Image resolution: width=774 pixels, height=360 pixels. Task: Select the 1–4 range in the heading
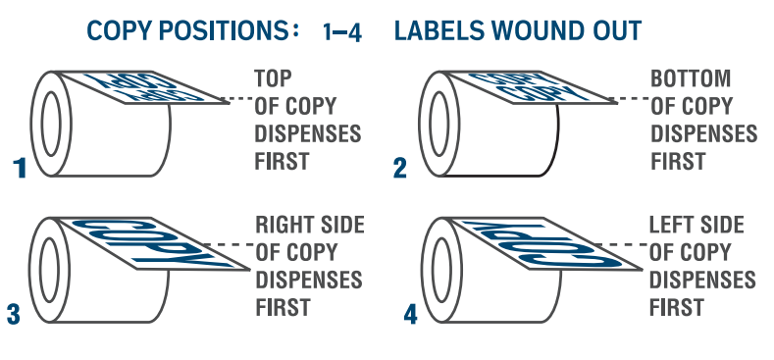342,32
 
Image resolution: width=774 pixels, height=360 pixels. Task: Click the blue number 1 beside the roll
20,168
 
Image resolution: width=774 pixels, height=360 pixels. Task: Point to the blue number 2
400,169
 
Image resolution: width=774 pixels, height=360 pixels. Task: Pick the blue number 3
14,315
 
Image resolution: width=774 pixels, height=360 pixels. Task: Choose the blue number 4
410,315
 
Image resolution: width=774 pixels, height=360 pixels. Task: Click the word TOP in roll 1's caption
273,78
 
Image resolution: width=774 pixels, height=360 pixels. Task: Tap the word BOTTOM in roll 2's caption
691,78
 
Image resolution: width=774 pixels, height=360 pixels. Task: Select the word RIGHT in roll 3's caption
280,226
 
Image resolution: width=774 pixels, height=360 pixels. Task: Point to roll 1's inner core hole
51,124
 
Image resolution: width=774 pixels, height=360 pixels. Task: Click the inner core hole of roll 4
441,270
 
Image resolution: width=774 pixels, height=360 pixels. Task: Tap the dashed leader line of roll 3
229,244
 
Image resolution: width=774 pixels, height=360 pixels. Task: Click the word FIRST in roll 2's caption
678,162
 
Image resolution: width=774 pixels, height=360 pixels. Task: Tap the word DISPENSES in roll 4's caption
702,281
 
